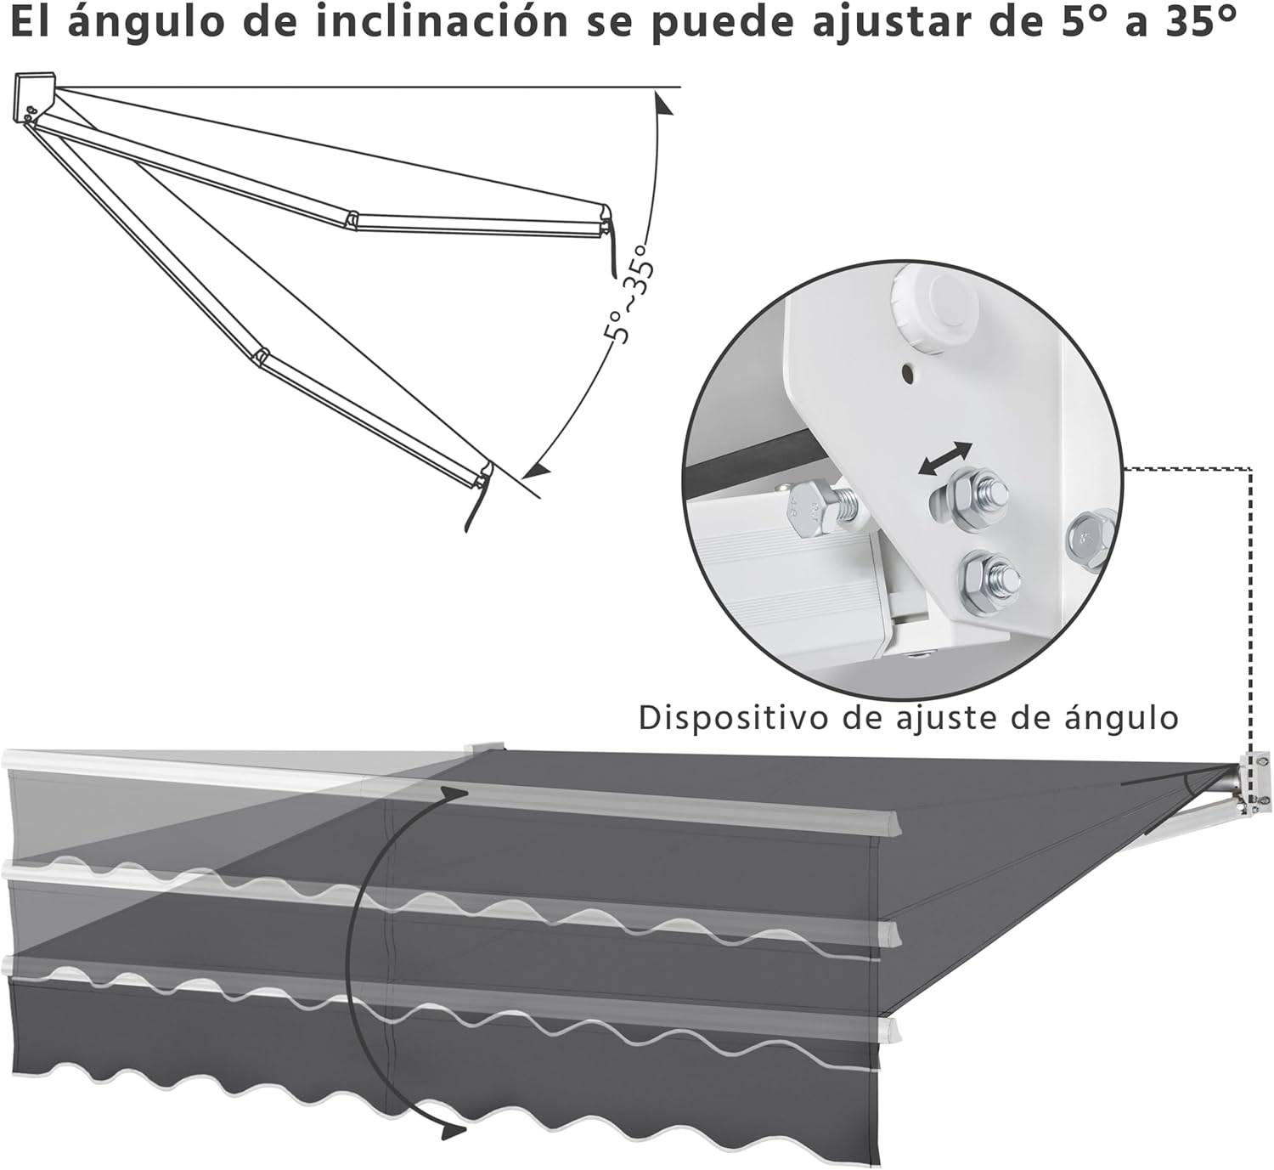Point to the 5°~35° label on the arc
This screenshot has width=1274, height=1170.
coord(629,294)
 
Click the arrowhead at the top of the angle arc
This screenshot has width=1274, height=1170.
coord(662,102)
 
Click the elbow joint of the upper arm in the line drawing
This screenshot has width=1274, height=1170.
coord(352,219)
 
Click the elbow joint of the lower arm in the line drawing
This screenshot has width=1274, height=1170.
coord(261,357)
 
